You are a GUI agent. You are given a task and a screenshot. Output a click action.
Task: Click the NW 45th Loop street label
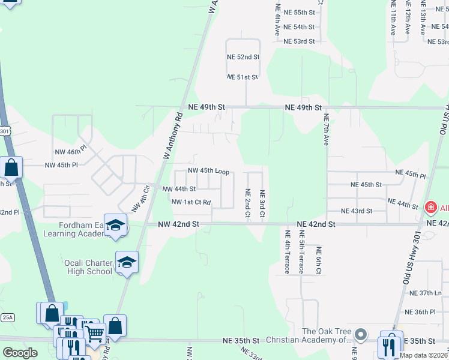pos(208,171)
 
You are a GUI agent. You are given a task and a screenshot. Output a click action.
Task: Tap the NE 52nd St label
pos(243,57)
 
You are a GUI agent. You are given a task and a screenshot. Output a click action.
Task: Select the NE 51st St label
pos(243,77)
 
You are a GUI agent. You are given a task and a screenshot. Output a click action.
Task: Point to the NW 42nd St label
pos(178,224)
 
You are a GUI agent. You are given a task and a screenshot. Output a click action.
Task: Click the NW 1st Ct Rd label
pos(191,202)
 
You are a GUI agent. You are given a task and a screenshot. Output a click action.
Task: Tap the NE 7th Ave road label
pos(327,130)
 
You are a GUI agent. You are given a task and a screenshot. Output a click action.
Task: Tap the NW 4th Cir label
pos(140,199)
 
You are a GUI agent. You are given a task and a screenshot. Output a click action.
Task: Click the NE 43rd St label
pos(357,211)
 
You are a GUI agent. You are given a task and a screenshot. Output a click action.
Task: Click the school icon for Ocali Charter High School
pos(127,262)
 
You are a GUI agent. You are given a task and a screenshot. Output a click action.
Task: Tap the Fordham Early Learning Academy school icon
pos(116,225)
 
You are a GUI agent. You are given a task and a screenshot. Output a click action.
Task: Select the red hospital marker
pos(430,208)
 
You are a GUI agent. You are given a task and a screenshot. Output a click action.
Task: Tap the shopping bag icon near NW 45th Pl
pos(11,167)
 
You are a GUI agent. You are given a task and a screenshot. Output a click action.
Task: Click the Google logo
pos(20,353)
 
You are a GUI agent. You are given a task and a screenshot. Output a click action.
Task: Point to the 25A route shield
pos(7,317)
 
